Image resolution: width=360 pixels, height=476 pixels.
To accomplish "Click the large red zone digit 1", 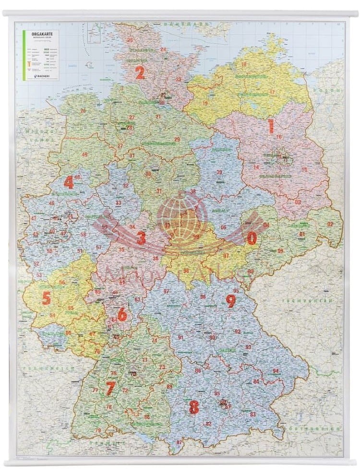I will (x=271, y=127).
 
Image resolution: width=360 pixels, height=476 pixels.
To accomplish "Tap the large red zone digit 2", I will (x=140, y=72).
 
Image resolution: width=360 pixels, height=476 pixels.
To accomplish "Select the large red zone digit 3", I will (x=141, y=238).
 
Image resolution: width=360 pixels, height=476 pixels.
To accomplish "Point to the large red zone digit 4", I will (x=69, y=182).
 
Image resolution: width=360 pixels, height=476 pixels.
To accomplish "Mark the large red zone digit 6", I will (x=122, y=315).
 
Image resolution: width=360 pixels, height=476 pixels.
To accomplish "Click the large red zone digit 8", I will (x=194, y=407).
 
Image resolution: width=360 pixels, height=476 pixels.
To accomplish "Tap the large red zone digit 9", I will (x=231, y=301).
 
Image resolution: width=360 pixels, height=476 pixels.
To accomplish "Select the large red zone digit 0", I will (x=252, y=238).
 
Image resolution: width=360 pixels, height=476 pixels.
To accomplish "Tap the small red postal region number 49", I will (x=84, y=155).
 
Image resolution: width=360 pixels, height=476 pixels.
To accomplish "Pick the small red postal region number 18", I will (x=244, y=64).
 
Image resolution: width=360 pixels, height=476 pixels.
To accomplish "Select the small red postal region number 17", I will (x=272, y=92).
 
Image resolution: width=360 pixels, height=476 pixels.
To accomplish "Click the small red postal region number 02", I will (x=330, y=224).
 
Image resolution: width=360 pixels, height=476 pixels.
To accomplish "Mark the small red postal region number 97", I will (x=167, y=291).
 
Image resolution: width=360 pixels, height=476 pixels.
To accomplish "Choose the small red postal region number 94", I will (x=276, y=371).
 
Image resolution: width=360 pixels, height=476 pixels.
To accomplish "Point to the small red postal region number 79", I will (x=98, y=430).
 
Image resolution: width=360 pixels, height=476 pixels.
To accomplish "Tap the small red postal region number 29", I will (x=177, y=139).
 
